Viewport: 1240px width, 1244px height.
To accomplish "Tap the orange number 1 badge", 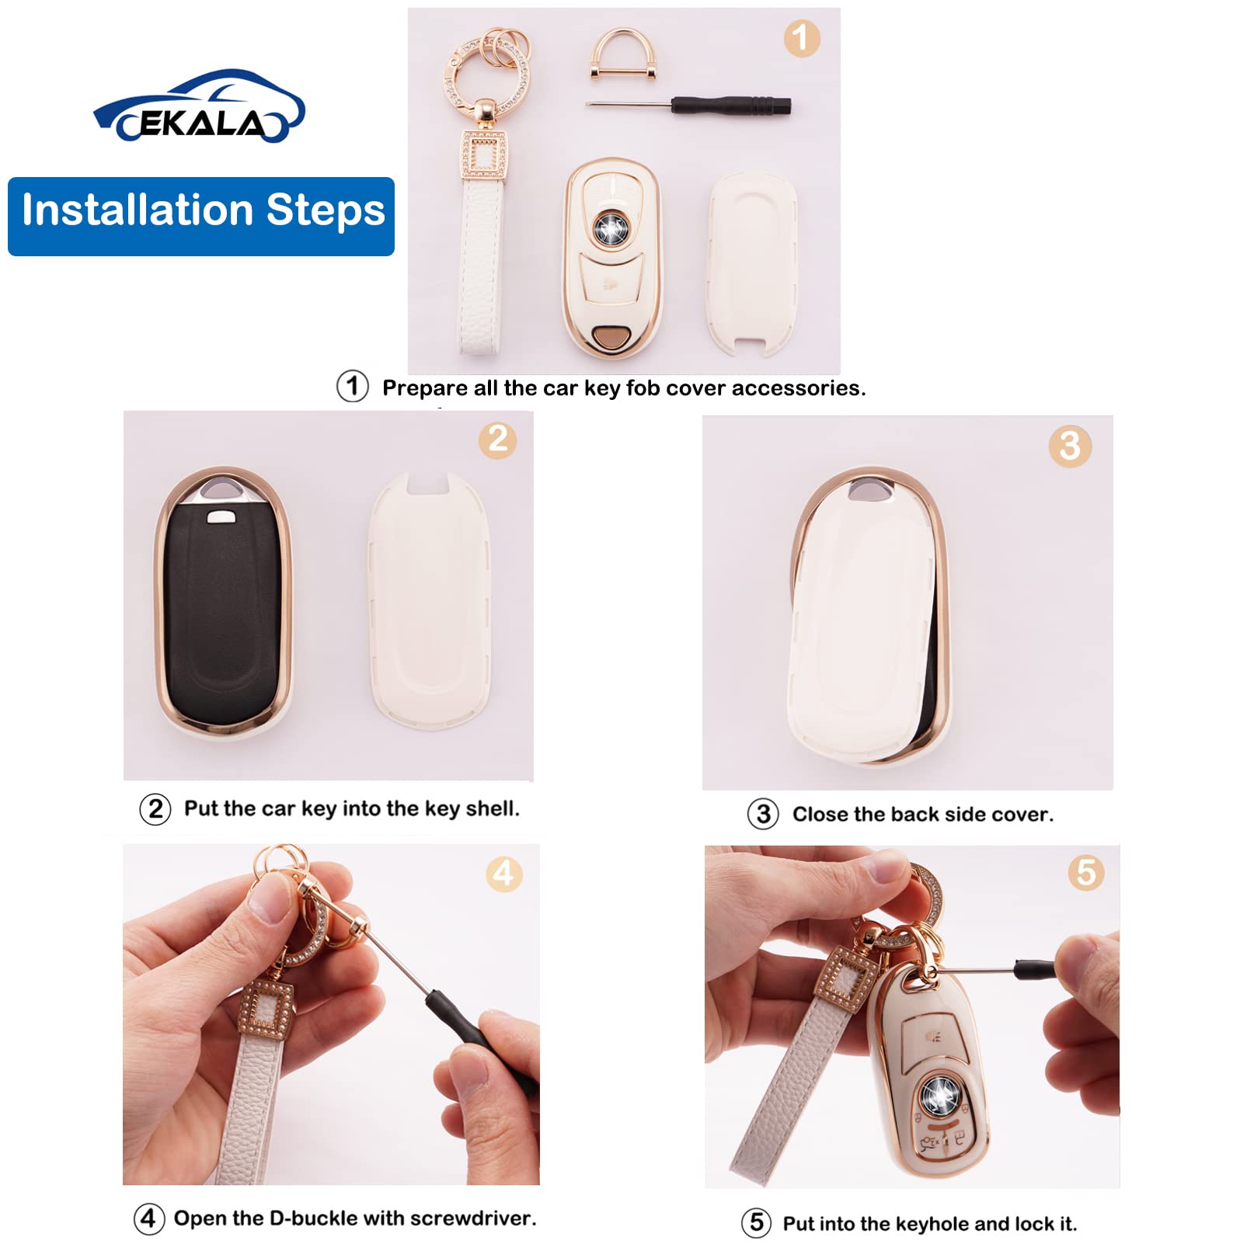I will point(801,38).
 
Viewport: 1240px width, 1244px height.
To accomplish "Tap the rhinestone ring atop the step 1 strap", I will point(486,70).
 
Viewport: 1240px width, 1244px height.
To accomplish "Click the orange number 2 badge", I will point(498,440).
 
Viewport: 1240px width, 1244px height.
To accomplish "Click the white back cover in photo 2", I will point(430,602).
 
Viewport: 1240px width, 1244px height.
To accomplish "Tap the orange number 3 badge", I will point(1069,447).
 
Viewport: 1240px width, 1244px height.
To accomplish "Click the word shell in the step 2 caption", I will point(491,809).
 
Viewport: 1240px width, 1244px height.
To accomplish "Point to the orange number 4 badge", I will point(503,874).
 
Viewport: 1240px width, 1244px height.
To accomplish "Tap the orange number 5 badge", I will point(1085,873).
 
